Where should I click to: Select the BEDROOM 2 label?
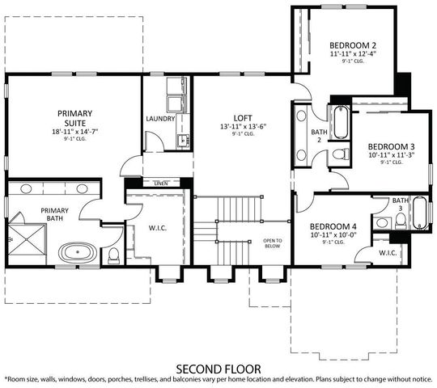[352, 45]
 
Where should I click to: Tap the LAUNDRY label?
[159, 119]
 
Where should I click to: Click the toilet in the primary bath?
[114, 256]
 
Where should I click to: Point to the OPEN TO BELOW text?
[273, 243]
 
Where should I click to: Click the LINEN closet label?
[161, 183]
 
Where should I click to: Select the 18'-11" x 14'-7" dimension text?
[74, 130]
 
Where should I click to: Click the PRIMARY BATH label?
[45, 214]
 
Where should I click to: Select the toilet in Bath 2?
[341, 154]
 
